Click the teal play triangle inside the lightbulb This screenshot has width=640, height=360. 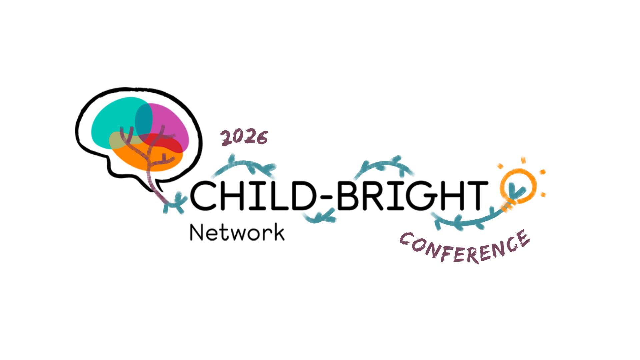pyautogui.click(x=515, y=190)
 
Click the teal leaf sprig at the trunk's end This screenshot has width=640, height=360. pyautogui.click(x=175, y=203)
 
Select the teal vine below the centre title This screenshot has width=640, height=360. pyautogui.click(x=320, y=217)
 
